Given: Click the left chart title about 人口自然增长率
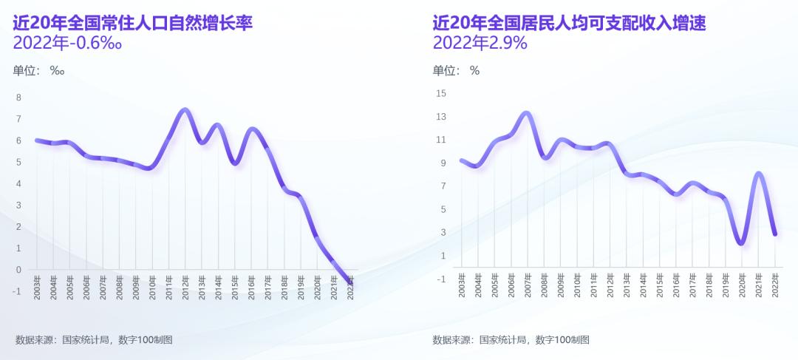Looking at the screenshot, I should [x=133, y=23].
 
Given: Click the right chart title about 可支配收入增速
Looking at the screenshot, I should [x=570, y=23].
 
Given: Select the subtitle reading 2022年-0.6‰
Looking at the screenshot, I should [x=67, y=43].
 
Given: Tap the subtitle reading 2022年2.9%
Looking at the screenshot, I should [x=480, y=43].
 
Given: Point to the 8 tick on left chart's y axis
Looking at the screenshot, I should [x=18, y=98].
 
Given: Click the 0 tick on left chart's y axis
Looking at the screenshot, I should [x=18, y=270].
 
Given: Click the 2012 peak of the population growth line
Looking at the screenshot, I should [x=185, y=110].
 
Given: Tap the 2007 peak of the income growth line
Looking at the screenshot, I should [x=526, y=113].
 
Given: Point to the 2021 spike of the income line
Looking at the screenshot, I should [x=758, y=174].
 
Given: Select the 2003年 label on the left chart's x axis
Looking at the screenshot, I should [x=37, y=284].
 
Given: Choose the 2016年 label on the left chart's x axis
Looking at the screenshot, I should [x=252, y=284].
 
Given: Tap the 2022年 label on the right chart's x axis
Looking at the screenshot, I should [x=775, y=284].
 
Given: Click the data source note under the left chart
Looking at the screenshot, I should [x=94, y=339].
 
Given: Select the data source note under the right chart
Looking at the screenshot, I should [x=511, y=339].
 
